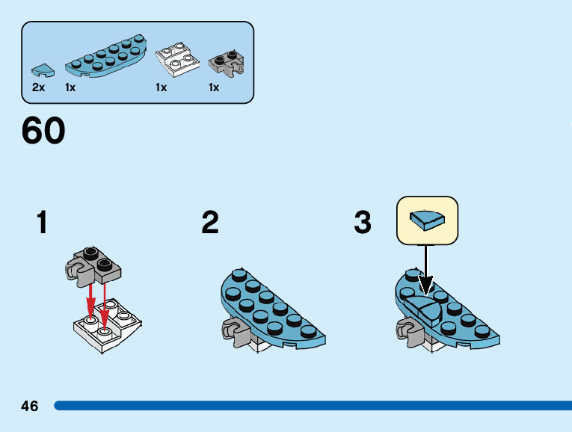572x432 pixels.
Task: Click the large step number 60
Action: (43, 132)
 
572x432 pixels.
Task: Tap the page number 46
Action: (30, 406)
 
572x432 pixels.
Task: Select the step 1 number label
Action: (43, 223)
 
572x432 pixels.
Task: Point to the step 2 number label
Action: (210, 223)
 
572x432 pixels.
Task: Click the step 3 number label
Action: (363, 223)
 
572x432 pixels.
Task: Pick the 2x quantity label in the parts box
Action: (39, 87)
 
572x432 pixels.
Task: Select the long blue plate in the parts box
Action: (105, 58)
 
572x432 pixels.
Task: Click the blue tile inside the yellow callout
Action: (427, 220)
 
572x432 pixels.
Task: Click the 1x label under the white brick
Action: (161, 87)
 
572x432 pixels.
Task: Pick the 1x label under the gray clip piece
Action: (214, 87)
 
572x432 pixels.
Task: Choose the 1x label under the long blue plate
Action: (70, 87)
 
